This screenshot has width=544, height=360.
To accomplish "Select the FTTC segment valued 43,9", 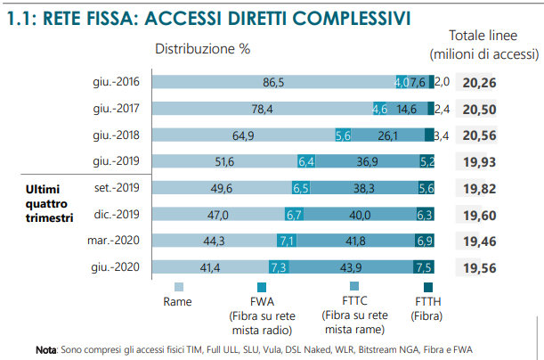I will point(350,267).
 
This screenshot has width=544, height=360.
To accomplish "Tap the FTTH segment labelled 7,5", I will point(424,267).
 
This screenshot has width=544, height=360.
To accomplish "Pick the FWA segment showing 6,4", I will point(307,161).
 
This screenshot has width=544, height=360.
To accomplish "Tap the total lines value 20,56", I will point(479,135).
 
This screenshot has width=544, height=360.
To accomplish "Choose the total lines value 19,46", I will point(479,241).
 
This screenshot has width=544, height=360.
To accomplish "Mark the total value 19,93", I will point(479,161).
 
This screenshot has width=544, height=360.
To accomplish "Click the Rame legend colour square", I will point(179,286).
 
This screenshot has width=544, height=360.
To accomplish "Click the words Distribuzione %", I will point(203,49).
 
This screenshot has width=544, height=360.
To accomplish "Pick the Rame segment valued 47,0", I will point(218,215).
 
